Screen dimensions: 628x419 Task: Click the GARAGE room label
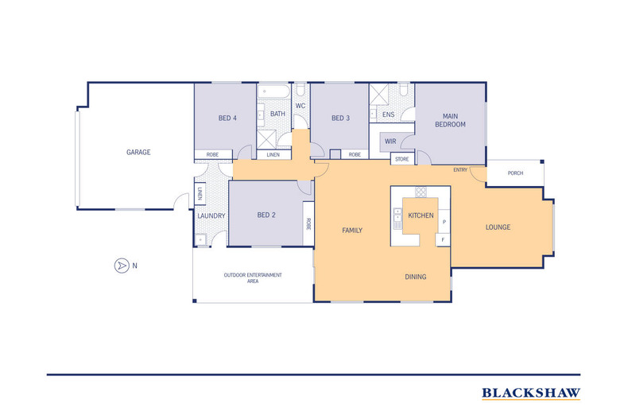(x=138, y=152)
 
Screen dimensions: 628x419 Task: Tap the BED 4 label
(x=227, y=118)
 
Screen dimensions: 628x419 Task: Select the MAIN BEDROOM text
(x=450, y=120)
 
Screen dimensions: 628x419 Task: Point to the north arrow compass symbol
(x=122, y=266)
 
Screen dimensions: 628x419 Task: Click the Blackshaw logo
(x=531, y=394)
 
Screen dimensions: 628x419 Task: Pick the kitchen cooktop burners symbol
(x=421, y=192)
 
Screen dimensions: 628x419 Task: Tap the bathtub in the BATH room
(x=273, y=91)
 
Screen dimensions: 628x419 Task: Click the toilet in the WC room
(x=300, y=91)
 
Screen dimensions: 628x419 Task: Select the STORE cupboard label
(x=402, y=159)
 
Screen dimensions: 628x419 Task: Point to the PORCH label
(x=515, y=173)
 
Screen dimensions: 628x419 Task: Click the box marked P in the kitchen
(x=444, y=221)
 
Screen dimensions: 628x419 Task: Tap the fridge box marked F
(x=443, y=239)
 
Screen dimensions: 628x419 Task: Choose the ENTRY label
(x=460, y=170)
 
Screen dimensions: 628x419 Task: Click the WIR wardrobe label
(x=390, y=142)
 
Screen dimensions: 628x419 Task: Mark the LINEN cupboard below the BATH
(x=273, y=154)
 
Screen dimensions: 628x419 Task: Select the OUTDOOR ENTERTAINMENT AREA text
(x=253, y=278)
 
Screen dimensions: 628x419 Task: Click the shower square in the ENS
(x=379, y=94)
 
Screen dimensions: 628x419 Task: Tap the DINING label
(x=415, y=277)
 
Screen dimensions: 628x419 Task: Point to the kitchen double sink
(x=397, y=219)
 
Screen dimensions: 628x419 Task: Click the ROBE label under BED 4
(x=213, y=154)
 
